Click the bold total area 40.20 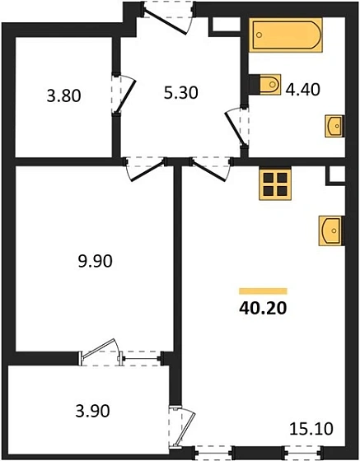(x=263, y=310)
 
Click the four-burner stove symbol (x=275, y=185)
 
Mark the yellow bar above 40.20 (x=263, y=291)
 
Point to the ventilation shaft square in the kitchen (x=335, y=175)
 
